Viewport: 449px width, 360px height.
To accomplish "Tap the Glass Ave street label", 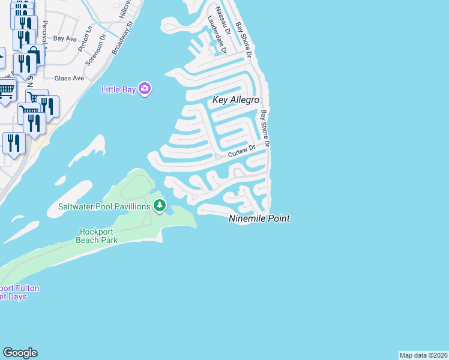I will pyautogui.click(x=69, y=79).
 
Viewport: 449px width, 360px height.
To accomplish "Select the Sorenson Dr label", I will pyautogui.click(x=96, y=50).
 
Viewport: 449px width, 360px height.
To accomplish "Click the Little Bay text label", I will pyautogui.click(x=118, y=89).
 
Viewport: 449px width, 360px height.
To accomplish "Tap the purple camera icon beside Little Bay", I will pyautogui.click(x=144, y=89).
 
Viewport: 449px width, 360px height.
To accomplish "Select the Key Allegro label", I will pyautogui.click(x=236, y=100).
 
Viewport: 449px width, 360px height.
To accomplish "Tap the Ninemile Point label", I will pyautogui.click(x=259, y=219).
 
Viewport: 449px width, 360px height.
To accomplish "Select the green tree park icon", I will pyautogui.click(x=159, y=206).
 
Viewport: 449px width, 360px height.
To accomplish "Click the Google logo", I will pyautogui.click(x=20, y=353).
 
